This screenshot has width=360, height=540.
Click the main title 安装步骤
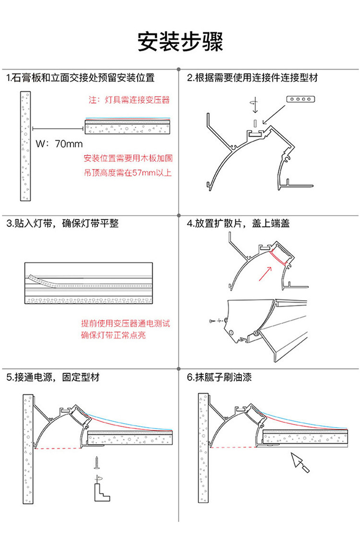(180, 42)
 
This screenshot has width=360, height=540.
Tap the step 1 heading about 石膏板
(80, 77)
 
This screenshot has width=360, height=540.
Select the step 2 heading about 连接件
(252, 77)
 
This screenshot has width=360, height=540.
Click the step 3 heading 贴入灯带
(62, 223)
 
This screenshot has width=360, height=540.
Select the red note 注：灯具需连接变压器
(130, 100)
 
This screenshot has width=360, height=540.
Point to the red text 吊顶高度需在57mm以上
(128, 173)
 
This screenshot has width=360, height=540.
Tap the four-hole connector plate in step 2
(300, 99)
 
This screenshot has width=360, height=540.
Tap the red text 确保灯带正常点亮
(114, 335)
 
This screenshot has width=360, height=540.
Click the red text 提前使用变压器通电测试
(126, 323)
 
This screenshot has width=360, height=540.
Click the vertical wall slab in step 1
(25, 147)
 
